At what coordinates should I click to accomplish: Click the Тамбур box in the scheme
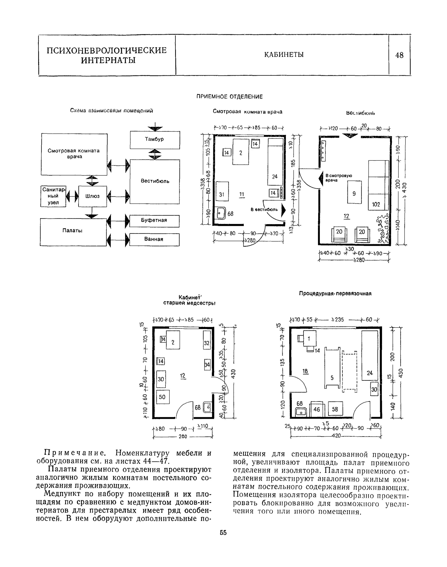(155, 139)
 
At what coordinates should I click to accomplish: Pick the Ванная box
(154, 239)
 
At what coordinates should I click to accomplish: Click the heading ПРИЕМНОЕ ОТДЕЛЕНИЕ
(230, 97)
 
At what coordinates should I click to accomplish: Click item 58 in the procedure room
(335, 409)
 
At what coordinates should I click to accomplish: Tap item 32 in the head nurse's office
(207, 343)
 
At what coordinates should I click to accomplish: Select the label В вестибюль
(264, 209)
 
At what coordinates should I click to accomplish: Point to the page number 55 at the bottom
(223, 533)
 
